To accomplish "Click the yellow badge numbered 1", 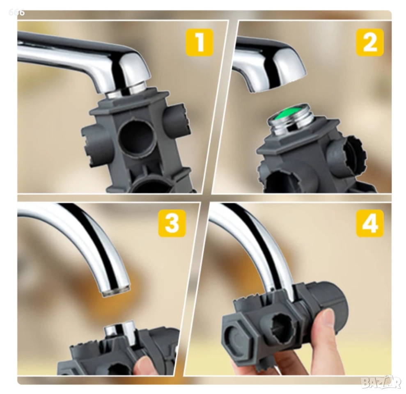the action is pos(200,42).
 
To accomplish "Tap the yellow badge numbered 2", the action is pos(370,42).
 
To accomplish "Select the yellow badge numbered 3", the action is pos(172,223).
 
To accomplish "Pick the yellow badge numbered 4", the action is pos(370,223).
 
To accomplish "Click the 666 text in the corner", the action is pos(16,12).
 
